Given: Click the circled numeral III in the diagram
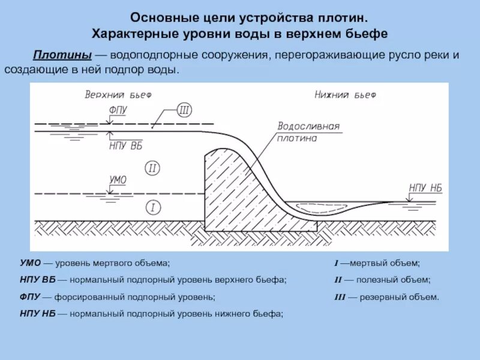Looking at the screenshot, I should click(184, 110).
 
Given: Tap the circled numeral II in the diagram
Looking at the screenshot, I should click(152, 168).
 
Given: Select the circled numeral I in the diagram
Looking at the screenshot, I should click(152, 208).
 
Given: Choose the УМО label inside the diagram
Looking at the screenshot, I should click(118, 179).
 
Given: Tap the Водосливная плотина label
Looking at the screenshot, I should click(308, 132).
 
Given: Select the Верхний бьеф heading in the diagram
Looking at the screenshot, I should click(118, 94).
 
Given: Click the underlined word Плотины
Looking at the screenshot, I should click(62, 55).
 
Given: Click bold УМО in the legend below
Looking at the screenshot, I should click(30, 263).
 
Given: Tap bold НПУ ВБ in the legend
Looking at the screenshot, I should click(37, 280).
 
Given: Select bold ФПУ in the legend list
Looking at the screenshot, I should click(30, 296).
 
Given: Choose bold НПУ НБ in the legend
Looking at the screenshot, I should click(37, 313).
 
